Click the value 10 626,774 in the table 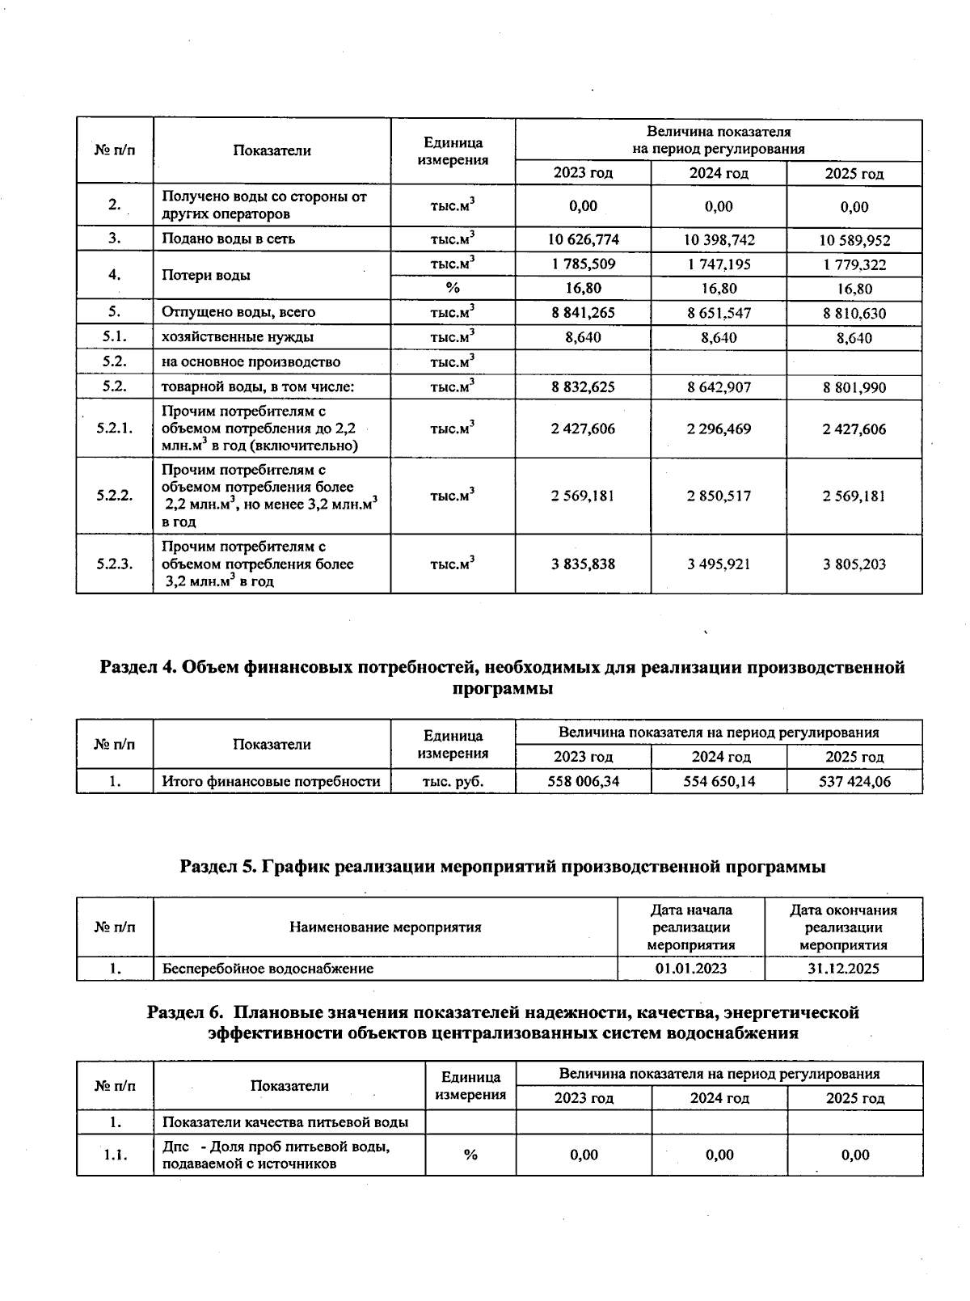click(x=583, y=239)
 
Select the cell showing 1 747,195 click(x=719, y=264)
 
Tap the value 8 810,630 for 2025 click(x=854, y=313)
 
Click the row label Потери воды click(x=206, y=275)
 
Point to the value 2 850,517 click(x=719, y=496)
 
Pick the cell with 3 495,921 click(x=719, y=564)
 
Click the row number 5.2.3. click(x=114, y=564)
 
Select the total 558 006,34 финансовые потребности click(x=583, y=781)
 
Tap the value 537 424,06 click(x=854, y=781)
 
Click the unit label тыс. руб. click(x=453, y=781)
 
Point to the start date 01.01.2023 click(x=691, y=968)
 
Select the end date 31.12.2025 click(x=843, y=968)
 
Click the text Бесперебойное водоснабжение click(x=268, y=968)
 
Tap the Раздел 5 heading click(x=502, y=867)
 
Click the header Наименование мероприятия click(x=385, y=927)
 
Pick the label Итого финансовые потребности click(x=271, y=781)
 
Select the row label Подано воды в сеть click(x=228, y=239)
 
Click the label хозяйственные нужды click(x=238, y=337)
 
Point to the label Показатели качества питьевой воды click(x=285, y=1122)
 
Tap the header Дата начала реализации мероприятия click(x=691, y=927)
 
